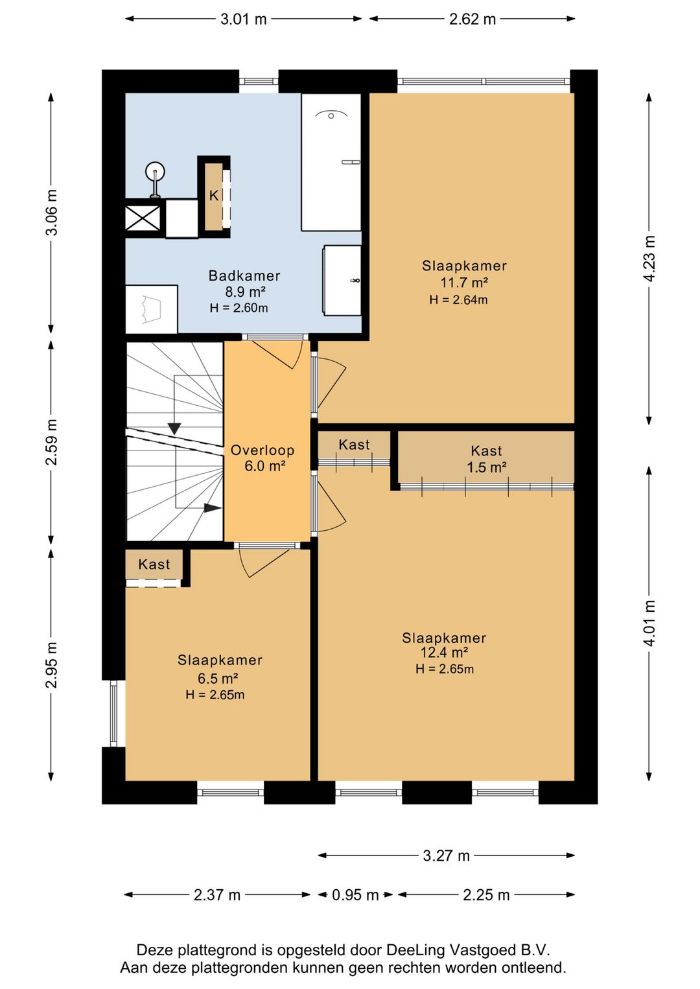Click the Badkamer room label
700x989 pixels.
click(244, 276)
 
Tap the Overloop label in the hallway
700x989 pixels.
click(262, 450)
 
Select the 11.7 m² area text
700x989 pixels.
click(463, 282)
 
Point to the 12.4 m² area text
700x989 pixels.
click(444, 652)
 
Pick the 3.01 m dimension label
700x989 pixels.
click(243, 19)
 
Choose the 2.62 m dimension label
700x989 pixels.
click(472, 19)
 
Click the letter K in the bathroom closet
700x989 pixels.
click(214, 196)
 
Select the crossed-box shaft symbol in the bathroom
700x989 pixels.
click(143, 218)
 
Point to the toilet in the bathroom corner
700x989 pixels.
click(151, 309)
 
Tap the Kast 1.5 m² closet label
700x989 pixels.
click(486, 459)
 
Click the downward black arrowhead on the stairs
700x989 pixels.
click(175, 428)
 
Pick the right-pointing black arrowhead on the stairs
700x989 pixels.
click(213, 508)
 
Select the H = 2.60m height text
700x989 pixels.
click(239, 308)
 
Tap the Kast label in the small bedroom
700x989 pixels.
click(154, 564)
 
